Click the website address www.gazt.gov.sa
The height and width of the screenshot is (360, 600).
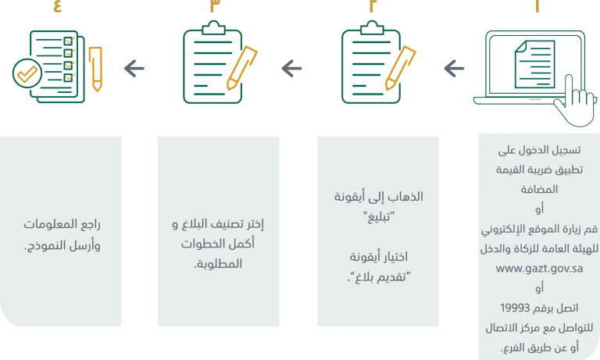(539, 269)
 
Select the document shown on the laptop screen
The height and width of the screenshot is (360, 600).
(534, 64)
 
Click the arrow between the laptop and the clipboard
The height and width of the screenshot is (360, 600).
(454, 69)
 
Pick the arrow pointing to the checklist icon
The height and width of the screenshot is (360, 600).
(134, 69)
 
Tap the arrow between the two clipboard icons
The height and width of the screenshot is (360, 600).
(291, 69)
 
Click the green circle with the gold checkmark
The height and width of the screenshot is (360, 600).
(27, 73)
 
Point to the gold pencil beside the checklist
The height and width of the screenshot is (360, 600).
(95, 69)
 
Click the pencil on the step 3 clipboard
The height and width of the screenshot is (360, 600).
(242, 68)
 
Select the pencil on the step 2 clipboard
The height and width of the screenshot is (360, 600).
(400, 68)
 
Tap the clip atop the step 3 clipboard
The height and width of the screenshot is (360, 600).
(213, 27)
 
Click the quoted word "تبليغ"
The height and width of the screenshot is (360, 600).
(379, 217)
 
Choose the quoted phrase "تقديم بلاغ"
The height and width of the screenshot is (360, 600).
(378, 276)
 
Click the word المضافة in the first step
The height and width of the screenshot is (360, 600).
(539, 190)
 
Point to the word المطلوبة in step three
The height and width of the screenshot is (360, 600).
(218, 264)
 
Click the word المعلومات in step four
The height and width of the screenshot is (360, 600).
(51, 224)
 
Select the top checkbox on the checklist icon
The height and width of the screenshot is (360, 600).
(69, 41)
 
